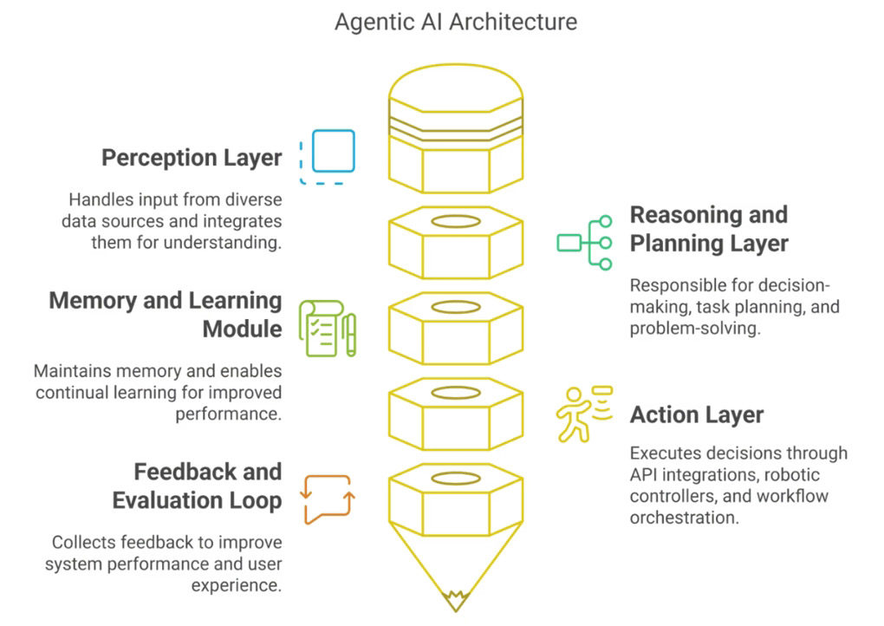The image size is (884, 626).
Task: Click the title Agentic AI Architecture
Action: [456, 23]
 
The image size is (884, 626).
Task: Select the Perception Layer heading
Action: [192, 158]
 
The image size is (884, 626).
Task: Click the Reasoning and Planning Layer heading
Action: [709, 229]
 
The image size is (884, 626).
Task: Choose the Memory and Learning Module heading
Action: [166, 315]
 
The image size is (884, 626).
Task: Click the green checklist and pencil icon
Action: [327, 329]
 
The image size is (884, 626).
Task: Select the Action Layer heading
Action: [697, 414]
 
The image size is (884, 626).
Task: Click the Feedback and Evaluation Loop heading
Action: [197, 486]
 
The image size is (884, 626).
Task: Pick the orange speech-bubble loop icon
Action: [328, 499]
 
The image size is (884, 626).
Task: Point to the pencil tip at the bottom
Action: [456, 609]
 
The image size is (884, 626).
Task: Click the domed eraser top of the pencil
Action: [456, 85]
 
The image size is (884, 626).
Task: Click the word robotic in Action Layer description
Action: [791, 475]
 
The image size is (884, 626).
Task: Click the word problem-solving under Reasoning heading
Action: [695, 329]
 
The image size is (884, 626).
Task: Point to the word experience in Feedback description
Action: [237, 586]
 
